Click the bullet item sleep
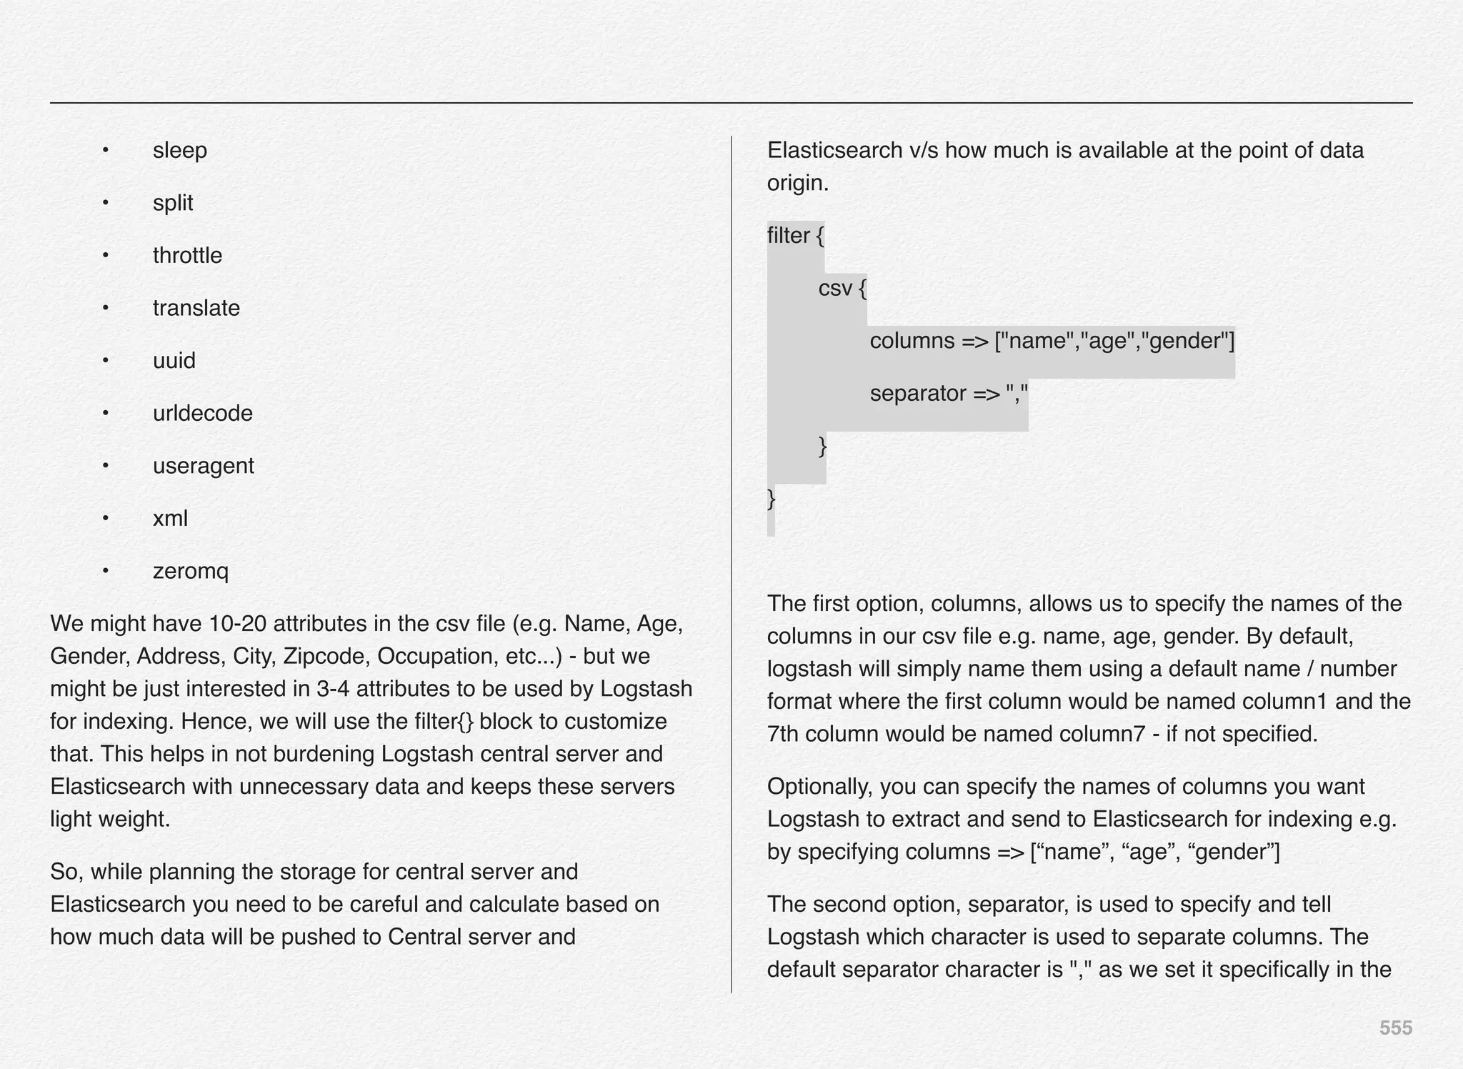[x=179, y=151]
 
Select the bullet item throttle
[x=187, y=256]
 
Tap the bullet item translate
[x=196, y=308]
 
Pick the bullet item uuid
[x=174, y=361]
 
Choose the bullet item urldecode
[x=202, y=414]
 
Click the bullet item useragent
[x=203, y=466]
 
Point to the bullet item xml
[x=170, y=519]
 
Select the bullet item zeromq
[x=190, y=572]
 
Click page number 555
[x=1395, y=1028]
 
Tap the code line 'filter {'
[x=795, y=236]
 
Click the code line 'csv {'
[x=842, y=289]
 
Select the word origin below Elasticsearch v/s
[x=797, y=184]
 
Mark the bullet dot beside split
[x=105, y=203]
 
